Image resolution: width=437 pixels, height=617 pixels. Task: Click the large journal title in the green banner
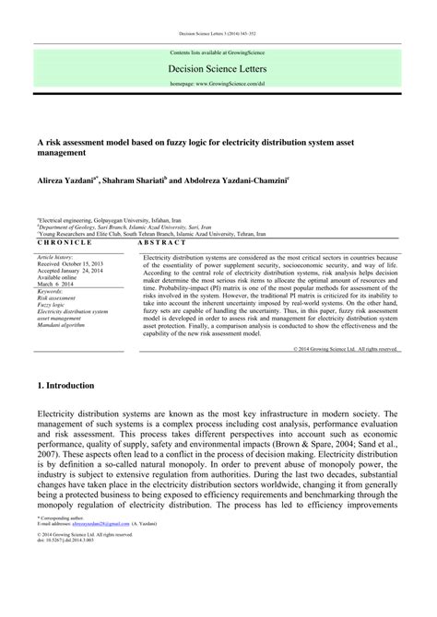(x=218, y=67)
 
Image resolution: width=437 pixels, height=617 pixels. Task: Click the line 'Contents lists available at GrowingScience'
(x=218, y=52)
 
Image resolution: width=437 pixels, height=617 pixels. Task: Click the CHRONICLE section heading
(x=65, y=241)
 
